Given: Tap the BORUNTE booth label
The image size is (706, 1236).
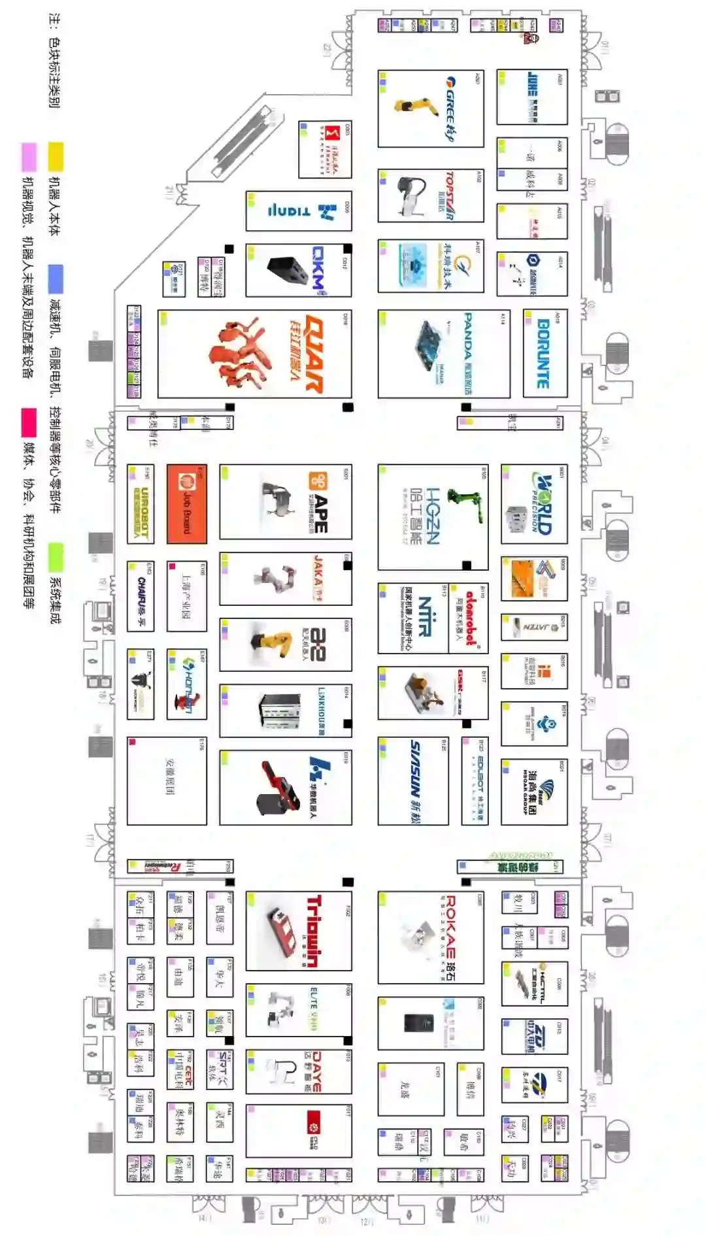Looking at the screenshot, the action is (x=543, y=354).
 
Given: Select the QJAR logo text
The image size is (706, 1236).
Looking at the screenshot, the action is (x=314, y=354).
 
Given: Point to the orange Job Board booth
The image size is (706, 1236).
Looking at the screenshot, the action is (x=186, y=503).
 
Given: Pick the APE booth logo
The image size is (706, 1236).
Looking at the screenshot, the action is (x=318, y=503).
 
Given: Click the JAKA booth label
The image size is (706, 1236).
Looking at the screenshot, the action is (x=318, y=578).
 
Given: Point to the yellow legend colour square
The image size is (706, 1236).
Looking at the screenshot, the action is (x=56, y=157).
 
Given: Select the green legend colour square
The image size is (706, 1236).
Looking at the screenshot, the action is (x=56, y=556).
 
